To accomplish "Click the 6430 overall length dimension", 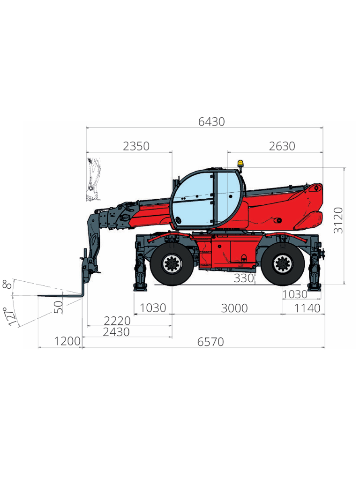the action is tap(211, 122).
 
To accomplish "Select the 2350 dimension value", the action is tap(136, 146).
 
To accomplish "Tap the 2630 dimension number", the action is tap(282, 146).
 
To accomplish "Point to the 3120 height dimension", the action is tap(338, 220).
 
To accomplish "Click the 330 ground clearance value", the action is tap(244, 278).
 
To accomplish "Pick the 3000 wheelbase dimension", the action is tap(234, 308).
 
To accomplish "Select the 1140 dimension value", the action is tap(307, 308).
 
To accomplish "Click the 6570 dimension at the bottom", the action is tap(210, 342).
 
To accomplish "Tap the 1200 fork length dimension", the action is tap(67, 341).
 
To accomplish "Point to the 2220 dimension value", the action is tap(117, 321).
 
